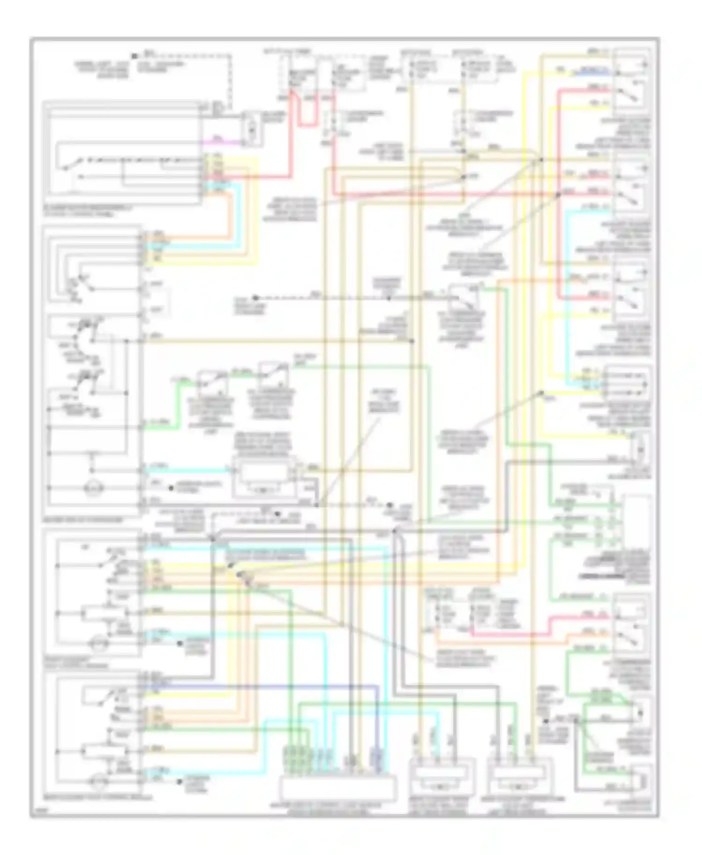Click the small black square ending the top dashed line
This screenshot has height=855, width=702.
coord(134,56)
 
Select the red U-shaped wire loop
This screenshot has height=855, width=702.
coord(306,112)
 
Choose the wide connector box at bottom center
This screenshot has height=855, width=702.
coord(337,786)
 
